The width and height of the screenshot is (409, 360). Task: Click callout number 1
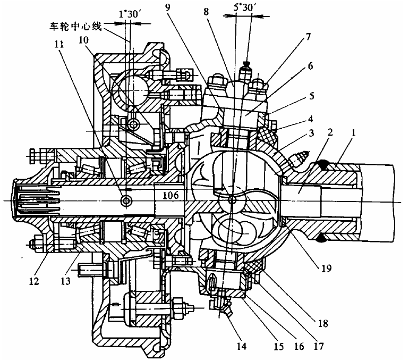coord(353,133)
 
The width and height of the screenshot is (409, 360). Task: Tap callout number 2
coord(330,132)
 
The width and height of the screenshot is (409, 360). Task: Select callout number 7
coord(308,37)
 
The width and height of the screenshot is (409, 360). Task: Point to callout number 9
coord(167,7)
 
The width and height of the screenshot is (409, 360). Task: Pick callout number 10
coord(83,40)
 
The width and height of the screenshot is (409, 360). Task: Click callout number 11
coord(59,44)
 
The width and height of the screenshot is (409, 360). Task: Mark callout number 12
coord(34,281)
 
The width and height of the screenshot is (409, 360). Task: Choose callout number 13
coord(65,281)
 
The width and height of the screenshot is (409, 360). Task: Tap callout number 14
coord(241,346)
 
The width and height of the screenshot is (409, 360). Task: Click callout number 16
coord(299,346)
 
